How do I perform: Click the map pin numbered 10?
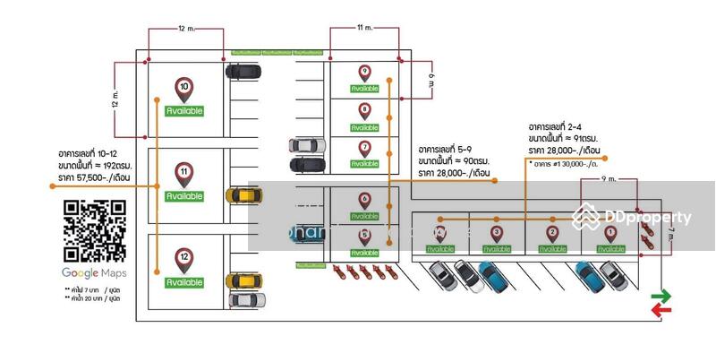point(184,89)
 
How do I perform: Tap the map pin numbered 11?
point(184,173)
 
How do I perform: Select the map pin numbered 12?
point(184,259)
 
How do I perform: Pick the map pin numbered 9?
point(364,73)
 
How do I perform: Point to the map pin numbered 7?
point(364,148)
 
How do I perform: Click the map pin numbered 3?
point(497,233)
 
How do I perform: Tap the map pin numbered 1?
point(611,233)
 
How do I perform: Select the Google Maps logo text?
point(93,272)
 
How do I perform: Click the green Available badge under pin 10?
point(184,111)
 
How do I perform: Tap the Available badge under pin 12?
point(184,282)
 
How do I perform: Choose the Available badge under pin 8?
point(364,126)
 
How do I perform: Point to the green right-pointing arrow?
point(661,296)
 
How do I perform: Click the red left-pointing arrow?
point(661,310)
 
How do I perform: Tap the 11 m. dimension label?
point(364,28)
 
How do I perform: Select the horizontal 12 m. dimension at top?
point(185,29)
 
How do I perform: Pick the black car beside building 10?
point(243,72)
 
